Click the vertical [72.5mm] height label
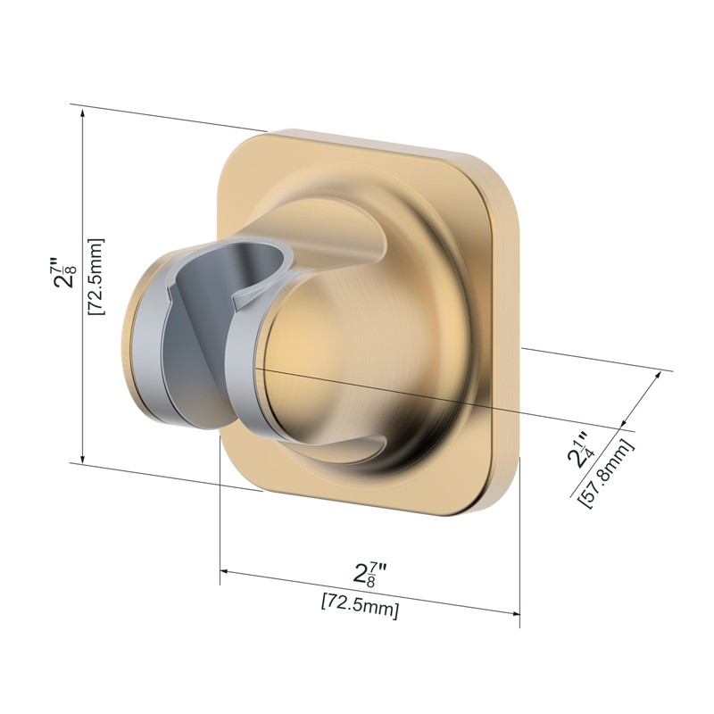point(96,277)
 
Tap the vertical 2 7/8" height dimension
point(63,273)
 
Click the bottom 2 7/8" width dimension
point(369,575)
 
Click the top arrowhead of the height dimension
point(82,113)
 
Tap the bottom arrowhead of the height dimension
point(82,457)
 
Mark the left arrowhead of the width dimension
point(227,571)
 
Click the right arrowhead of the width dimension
point(514,613)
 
